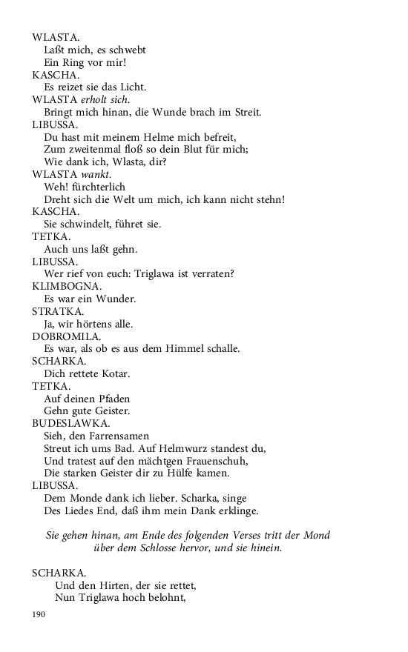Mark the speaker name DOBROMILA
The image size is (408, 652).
67,336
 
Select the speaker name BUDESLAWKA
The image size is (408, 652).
71,424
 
